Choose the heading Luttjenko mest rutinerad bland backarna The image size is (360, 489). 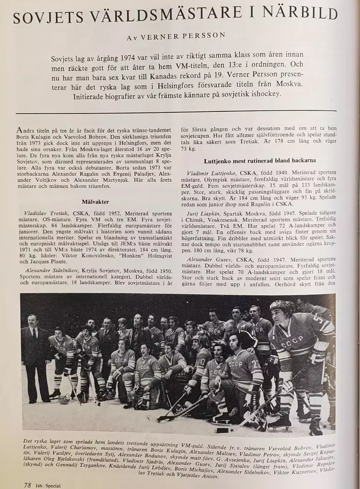coord(260,161)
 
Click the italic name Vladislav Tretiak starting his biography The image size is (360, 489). coord(47,213)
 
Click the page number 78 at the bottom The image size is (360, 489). coord(27,485)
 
